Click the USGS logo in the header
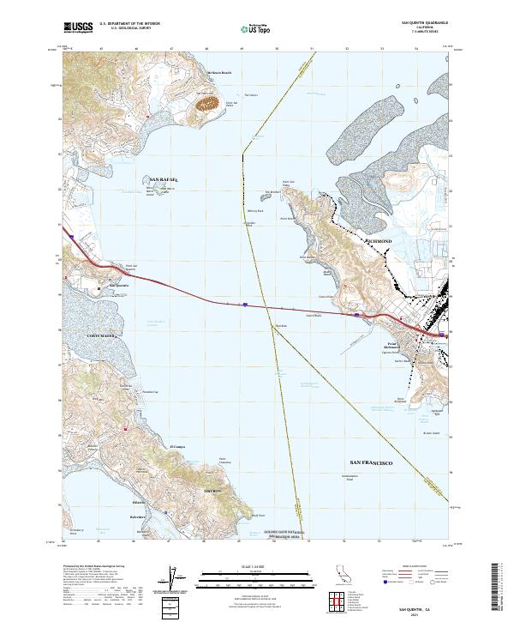click(x=78, y=27)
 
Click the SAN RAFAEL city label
click(x=163, y=179)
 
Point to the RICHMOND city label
click(x=377, y=242)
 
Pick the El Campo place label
click(x=177, y=446)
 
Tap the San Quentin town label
click(x=117, y=285)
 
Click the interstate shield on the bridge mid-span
click(x=245, y=303)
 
